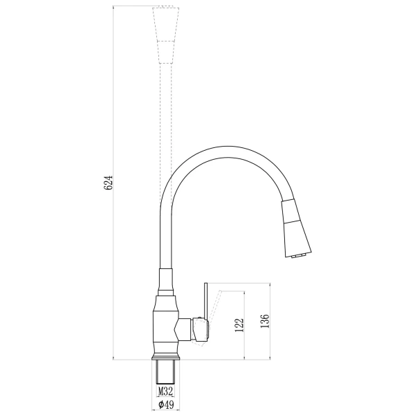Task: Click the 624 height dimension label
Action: coord(109,183)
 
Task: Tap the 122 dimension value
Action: coord(239,325)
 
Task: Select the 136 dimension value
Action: coord(265,321)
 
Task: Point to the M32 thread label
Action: coord(165,391)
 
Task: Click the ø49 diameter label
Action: coord(166,405)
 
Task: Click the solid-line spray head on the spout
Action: coord(296,228)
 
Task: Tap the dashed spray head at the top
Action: coord(166,35)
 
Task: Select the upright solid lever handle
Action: coord(205,302)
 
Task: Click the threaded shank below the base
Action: coord(166,372)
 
